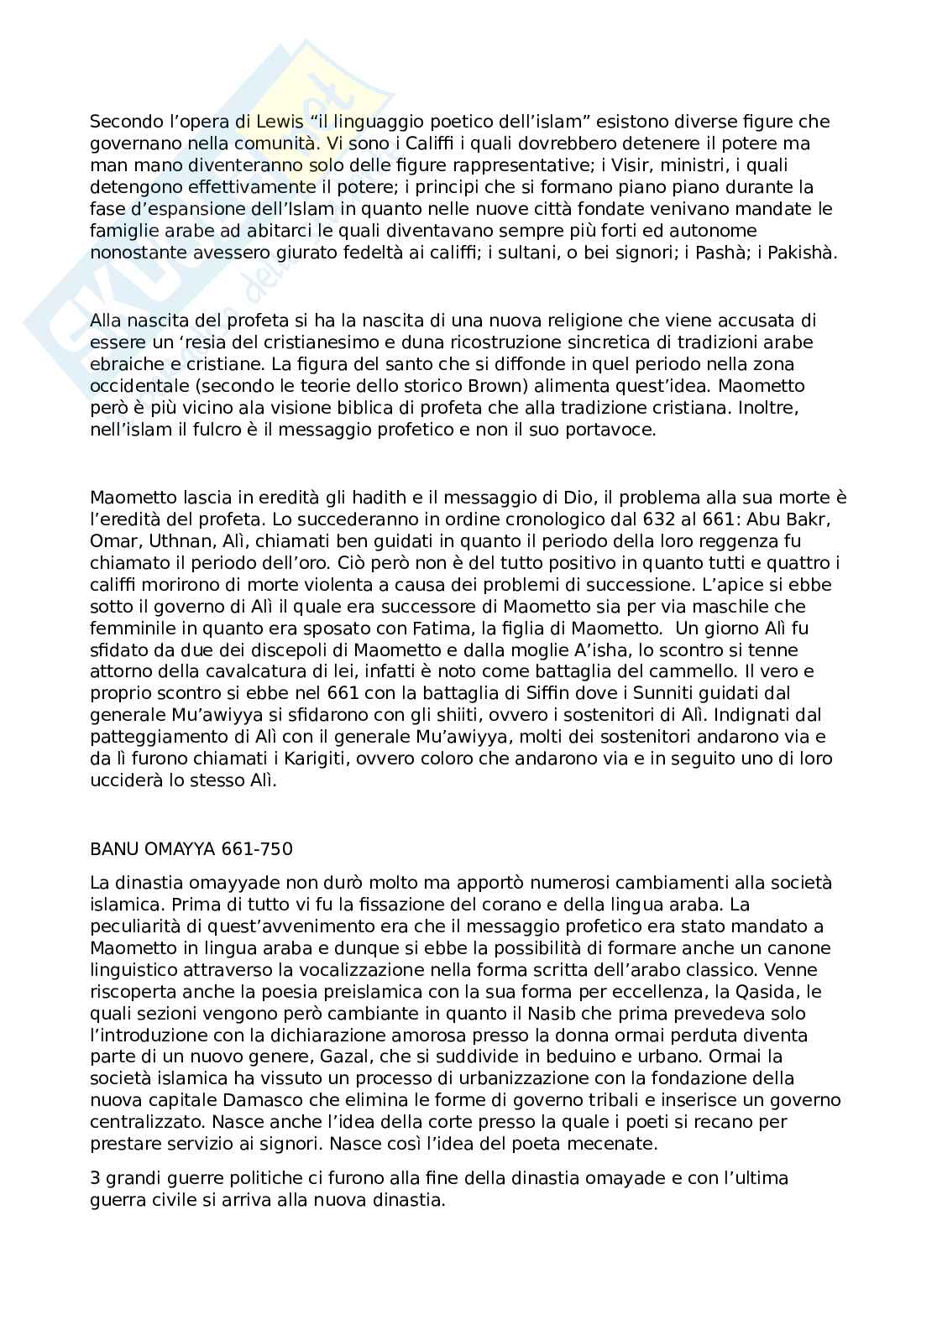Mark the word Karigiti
[290, 759]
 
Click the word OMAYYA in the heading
[179, 848]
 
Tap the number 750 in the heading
[275, 848]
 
